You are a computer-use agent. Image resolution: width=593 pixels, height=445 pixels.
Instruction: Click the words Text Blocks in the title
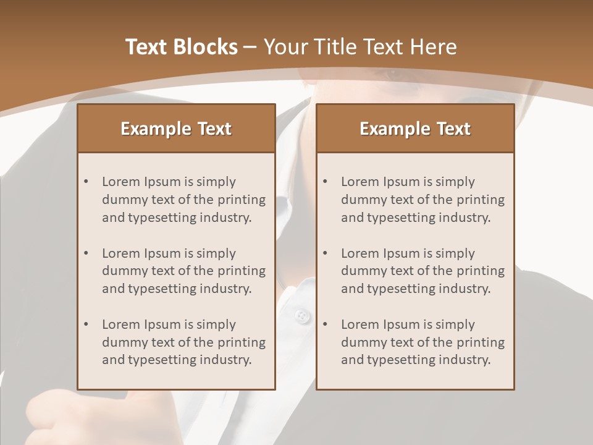pyautogui.click(x=181, y=47)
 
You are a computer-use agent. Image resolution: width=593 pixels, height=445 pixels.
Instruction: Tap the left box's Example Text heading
pyautogui.click(x=176, y=129)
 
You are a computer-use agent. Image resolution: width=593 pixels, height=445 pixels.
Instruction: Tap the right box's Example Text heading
pyautogui.click(x=415, y=129)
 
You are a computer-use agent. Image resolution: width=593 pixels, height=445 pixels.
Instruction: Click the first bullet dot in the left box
pyautogui.click(x=86, y=182)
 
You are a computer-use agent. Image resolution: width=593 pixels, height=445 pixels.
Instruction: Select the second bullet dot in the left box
pyautogui.click(x=86, y=253)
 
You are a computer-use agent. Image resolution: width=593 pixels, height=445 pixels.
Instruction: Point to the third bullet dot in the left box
pyautogui.click(x=86, y=324)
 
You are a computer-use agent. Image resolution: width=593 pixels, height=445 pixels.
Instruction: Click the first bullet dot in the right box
pyautogui.click(x=326, y=182)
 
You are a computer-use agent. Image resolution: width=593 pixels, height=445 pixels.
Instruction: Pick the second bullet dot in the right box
pyautogui.click(x=326, y=253)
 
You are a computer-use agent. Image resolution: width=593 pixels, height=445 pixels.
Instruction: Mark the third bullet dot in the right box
pyautogui.click(x=326, y=324)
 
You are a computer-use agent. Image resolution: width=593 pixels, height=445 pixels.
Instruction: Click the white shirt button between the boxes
pyautogui.click(x=301, y=316)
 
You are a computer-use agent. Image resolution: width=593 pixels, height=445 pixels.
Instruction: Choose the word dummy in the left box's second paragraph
pyautogui.click(x=122, y=271)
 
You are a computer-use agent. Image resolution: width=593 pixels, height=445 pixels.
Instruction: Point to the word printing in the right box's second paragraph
pyautogui.click(x=479, y=271)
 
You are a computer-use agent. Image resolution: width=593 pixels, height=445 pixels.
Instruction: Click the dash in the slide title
pyautogui.click(x=250, y=47)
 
